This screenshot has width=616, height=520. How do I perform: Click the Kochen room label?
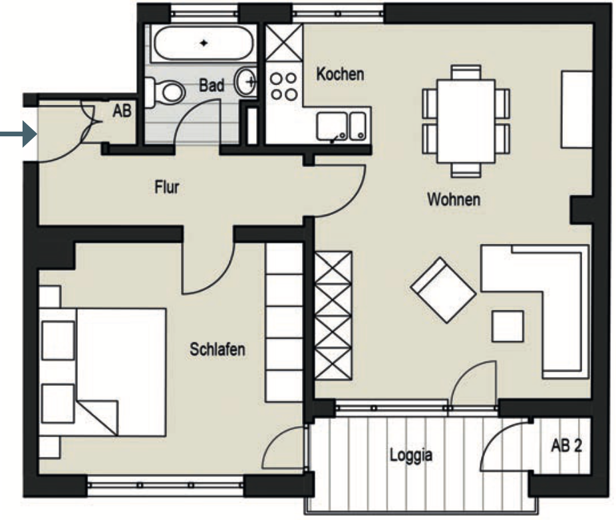click(340, 74)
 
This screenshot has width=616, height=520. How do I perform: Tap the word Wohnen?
click(454, 199)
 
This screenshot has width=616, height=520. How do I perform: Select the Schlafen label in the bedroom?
click(218, 349)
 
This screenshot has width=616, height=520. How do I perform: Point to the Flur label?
click(167, 187)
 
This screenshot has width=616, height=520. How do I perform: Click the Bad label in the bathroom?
click(212, 85)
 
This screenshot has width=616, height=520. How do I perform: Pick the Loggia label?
click(411, 455)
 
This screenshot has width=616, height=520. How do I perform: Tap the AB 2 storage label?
click(566, 446)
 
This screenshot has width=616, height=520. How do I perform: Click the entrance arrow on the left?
click(19, 134)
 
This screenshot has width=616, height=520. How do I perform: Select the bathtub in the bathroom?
click(203, 43)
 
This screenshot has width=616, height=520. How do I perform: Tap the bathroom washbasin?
click(245, 82)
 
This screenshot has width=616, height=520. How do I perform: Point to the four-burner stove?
click(283, 86)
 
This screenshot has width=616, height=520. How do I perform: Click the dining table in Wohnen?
click(466, 121)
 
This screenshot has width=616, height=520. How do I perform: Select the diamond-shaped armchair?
click(443, 290)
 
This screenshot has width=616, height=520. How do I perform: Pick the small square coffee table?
click(508, 326)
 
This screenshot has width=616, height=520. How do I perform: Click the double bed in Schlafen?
click(102, 372)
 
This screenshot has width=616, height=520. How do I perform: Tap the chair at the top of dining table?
click(466, 72)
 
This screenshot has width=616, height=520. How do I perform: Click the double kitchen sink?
click(341, 126)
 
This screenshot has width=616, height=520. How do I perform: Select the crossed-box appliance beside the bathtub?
click(284, 43)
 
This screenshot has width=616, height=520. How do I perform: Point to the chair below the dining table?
click(466, 170)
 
